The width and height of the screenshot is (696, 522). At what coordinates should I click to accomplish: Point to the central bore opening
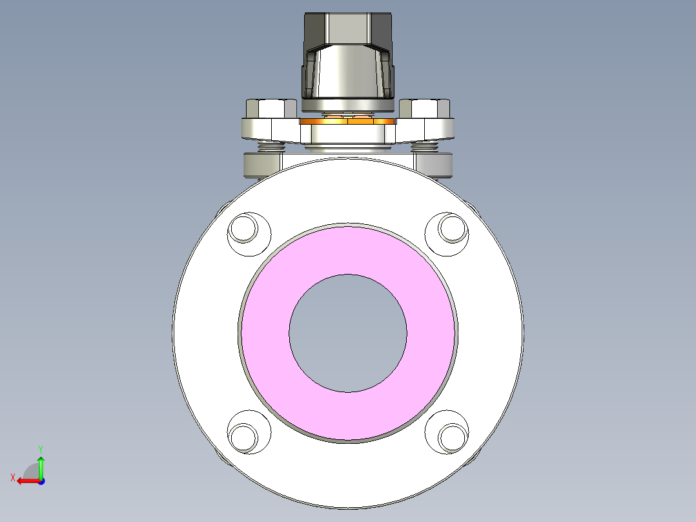348,333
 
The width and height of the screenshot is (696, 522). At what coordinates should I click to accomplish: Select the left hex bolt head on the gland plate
271,108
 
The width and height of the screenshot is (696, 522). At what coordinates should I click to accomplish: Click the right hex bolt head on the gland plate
425,108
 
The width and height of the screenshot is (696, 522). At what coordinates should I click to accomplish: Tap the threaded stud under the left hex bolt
271,147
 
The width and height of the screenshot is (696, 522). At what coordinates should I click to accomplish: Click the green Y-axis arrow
41,465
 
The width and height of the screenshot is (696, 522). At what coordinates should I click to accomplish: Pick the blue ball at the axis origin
41,481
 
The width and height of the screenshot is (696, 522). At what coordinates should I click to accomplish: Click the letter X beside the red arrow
13,477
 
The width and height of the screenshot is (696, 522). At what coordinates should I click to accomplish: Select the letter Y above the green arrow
41,448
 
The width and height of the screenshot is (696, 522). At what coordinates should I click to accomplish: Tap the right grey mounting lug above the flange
436,165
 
